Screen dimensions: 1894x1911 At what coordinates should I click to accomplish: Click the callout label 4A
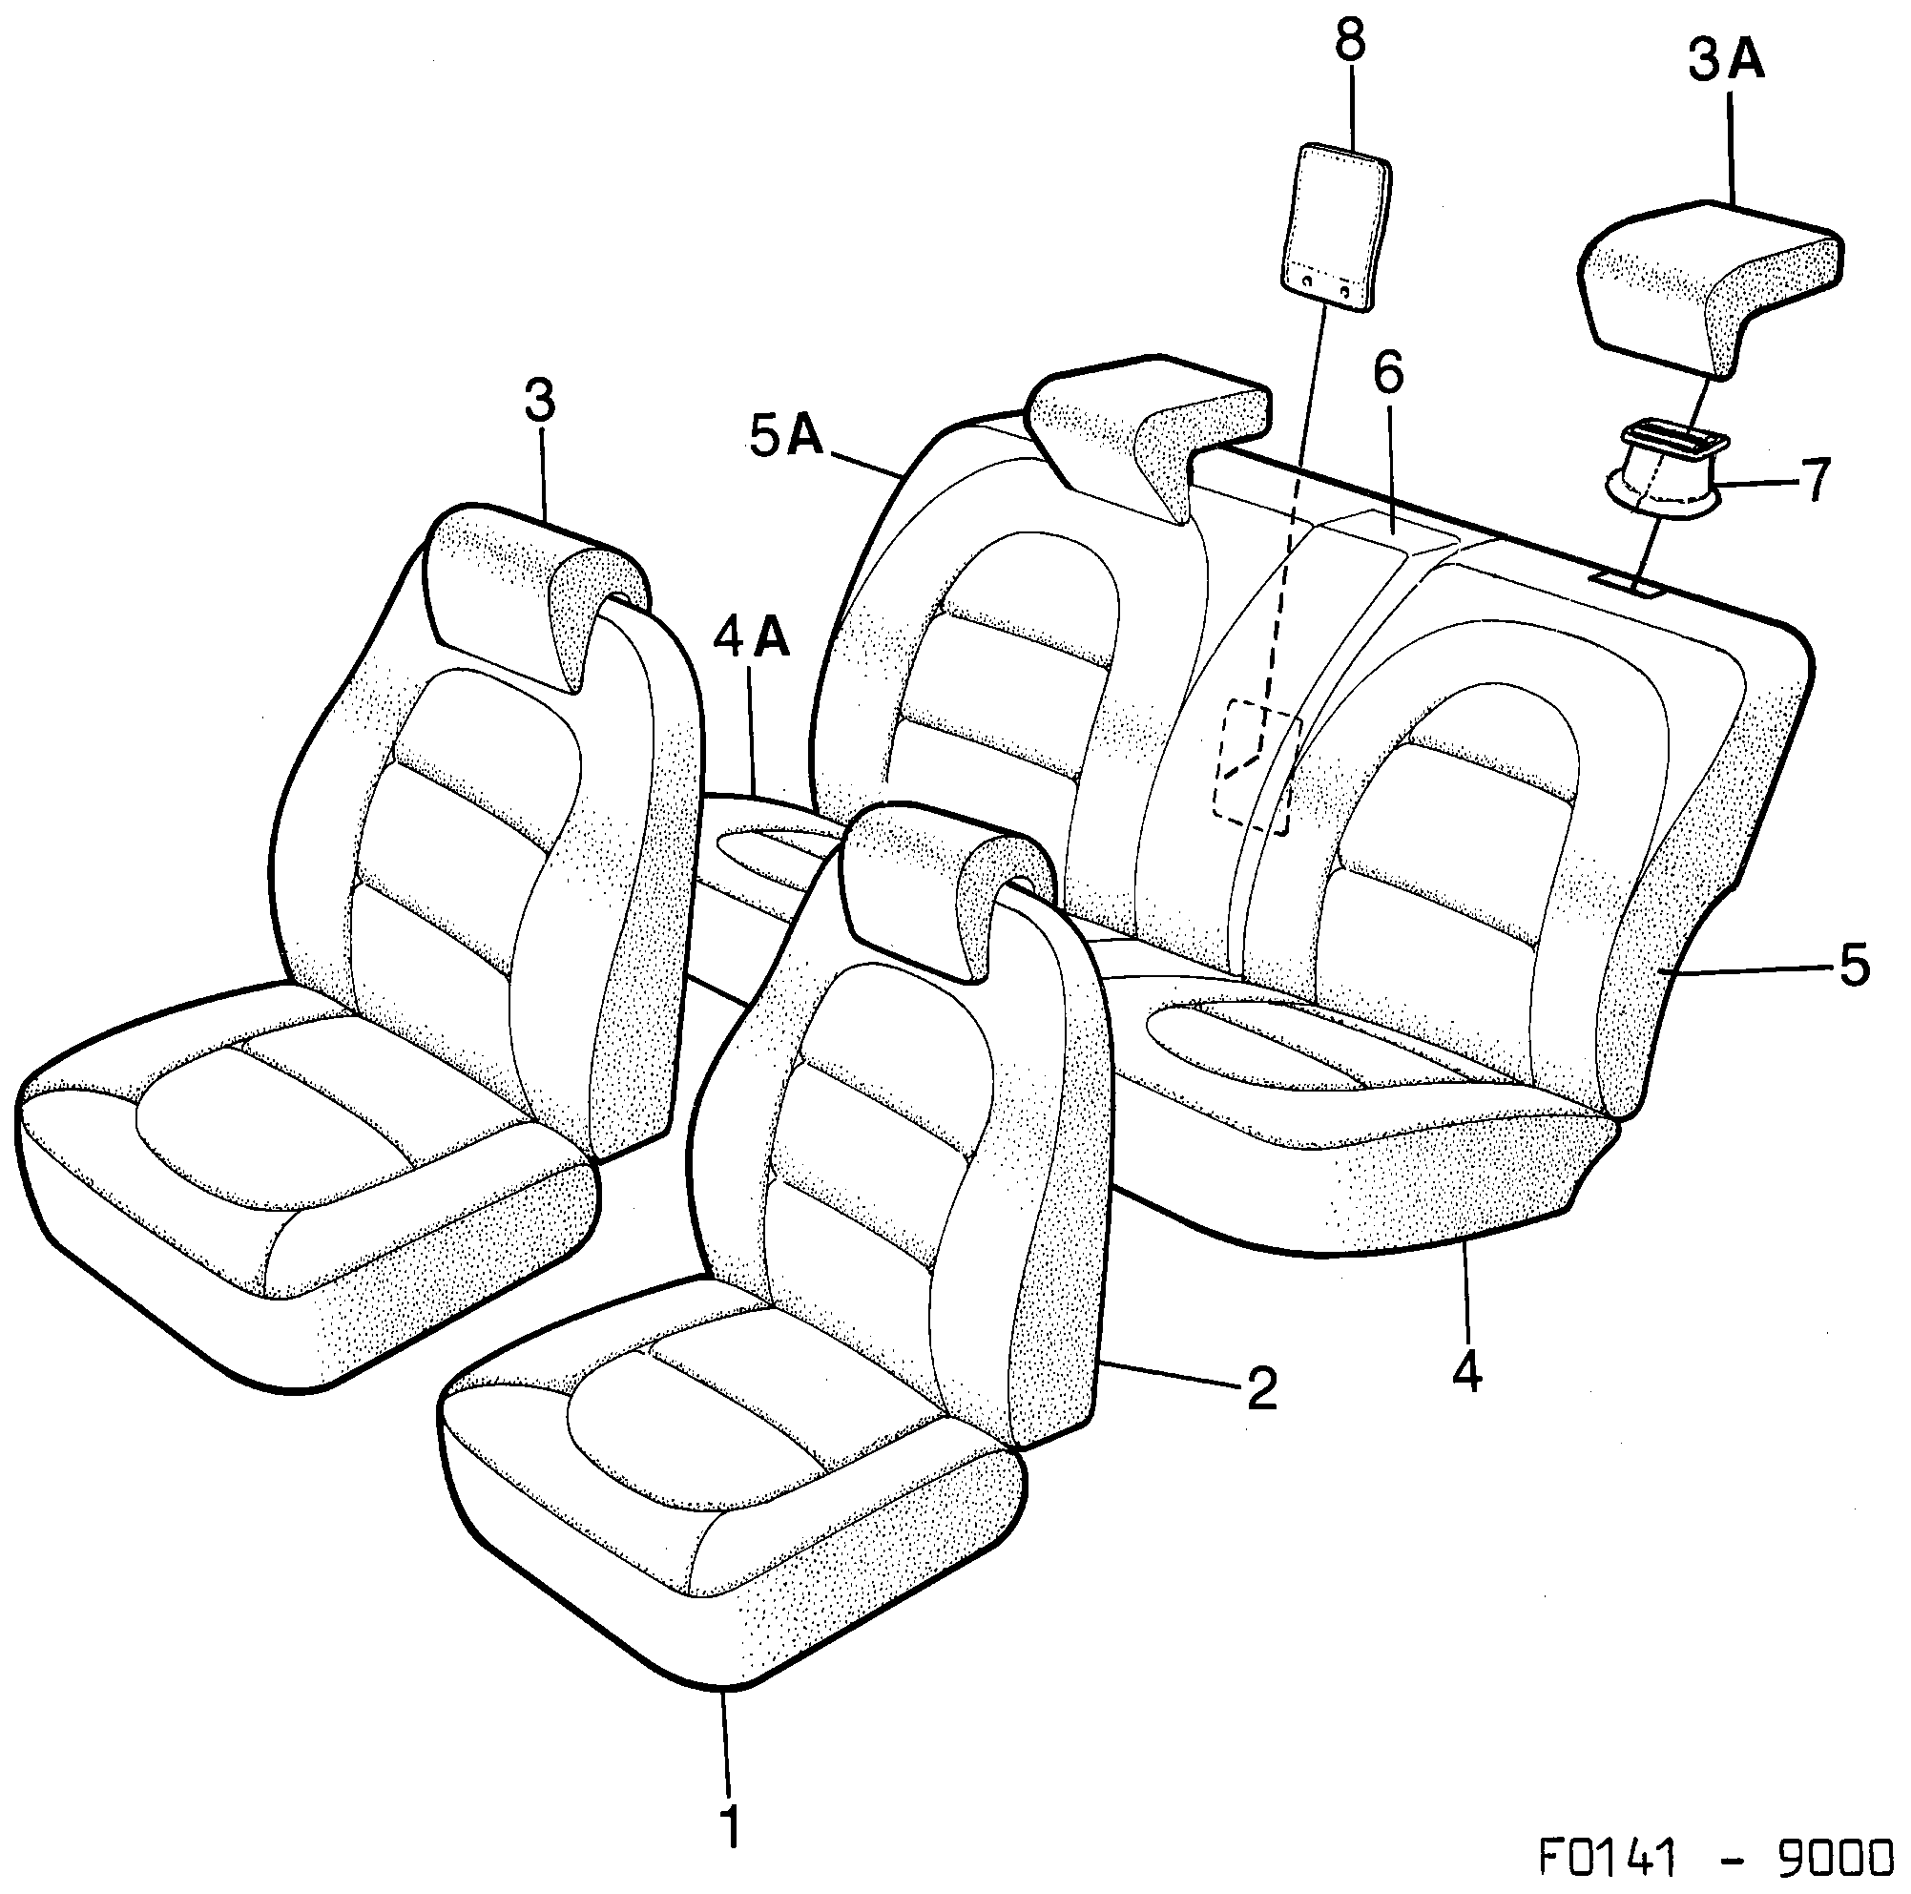point(752,638)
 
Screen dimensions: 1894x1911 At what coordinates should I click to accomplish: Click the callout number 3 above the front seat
point(539,401)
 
